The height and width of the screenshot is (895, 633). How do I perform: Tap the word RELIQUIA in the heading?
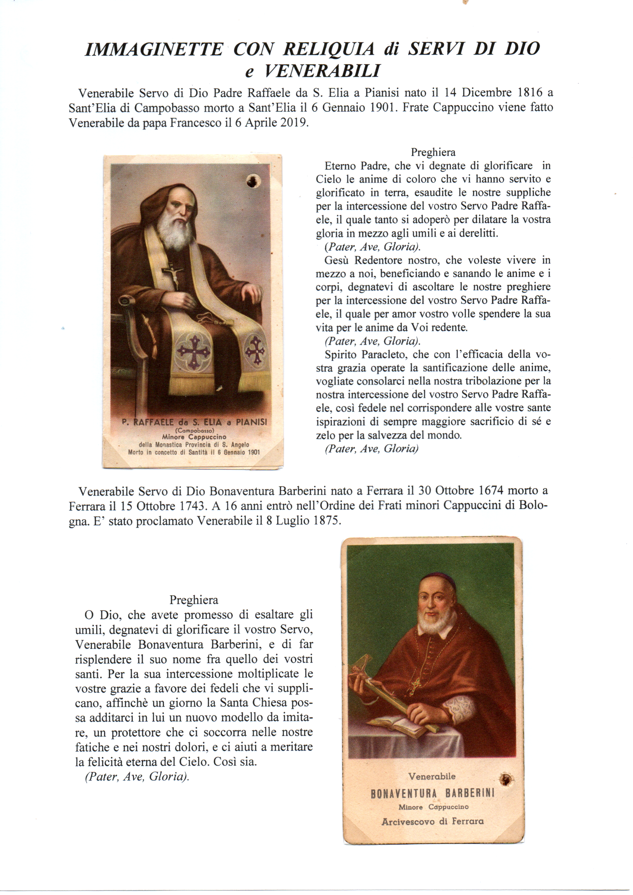pyautogui.click(x=329, y=49)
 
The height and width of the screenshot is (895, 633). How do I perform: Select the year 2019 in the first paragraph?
pyautogui.click(x=292, y=122)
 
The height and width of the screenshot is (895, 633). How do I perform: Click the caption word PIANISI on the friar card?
pyautogui.click(x=251, y=422)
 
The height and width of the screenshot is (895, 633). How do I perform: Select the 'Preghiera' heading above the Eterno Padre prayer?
pyautogui.click(x=433, y=152)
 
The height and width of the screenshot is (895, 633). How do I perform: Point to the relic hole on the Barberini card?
pyautogui.click(x=506, y=780)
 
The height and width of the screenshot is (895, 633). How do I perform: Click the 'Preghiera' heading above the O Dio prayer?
pyautogui.click(x=194, y=600)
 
